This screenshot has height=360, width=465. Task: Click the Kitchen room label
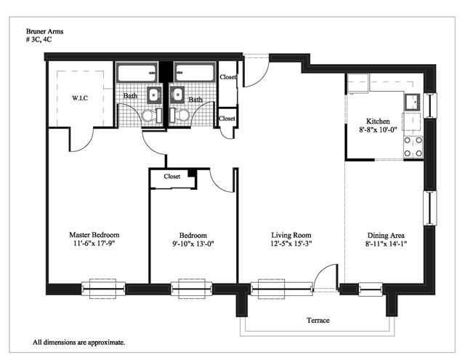click(378, 121)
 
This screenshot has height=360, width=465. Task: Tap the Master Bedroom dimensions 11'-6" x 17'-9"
click(94, 244)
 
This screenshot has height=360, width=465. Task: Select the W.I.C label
click(80, 98)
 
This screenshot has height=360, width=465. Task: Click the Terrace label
click(318, 320)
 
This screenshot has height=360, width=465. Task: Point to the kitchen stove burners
click(413, 147)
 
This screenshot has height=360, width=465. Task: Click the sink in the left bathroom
click(154, 95)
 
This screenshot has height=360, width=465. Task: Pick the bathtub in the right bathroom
click(195, 73)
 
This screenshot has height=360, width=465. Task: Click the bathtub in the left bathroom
click(137, 73)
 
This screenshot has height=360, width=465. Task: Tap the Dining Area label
click(386, 236)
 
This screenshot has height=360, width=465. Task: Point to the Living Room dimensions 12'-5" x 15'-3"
click(291, 244)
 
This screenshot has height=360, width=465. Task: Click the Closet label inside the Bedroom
click(172, 176)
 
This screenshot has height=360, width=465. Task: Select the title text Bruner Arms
click(44, 31)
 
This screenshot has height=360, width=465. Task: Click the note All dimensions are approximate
click(79, 343)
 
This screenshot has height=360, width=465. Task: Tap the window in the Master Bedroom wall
click(103, 289)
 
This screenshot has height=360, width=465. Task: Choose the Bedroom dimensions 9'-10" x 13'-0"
click(193, 244)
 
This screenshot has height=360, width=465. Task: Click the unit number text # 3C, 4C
click(39, 39)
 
